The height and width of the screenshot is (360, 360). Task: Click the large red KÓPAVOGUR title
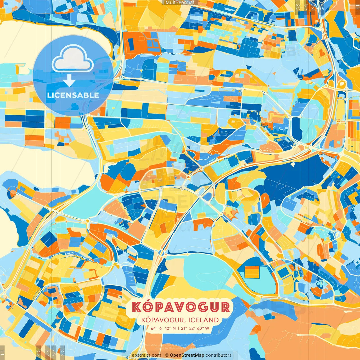(181, 307)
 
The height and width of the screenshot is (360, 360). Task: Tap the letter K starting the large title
(136, 307)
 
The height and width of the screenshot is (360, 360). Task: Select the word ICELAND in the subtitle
(204, 320)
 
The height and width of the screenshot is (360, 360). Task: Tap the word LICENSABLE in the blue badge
(73, 95)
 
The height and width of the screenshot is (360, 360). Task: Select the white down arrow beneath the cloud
(69, 82)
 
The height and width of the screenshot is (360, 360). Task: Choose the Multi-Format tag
(180, 3)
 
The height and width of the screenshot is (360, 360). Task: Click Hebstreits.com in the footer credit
(145, 355)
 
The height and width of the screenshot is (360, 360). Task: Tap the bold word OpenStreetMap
(187, 355)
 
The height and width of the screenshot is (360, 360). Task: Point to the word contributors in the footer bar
(219, 355)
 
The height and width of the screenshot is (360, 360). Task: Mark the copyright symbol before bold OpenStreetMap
(166, 355)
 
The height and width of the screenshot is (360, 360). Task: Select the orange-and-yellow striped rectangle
(251, 272)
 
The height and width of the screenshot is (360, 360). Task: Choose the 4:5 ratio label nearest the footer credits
(38, 352)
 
